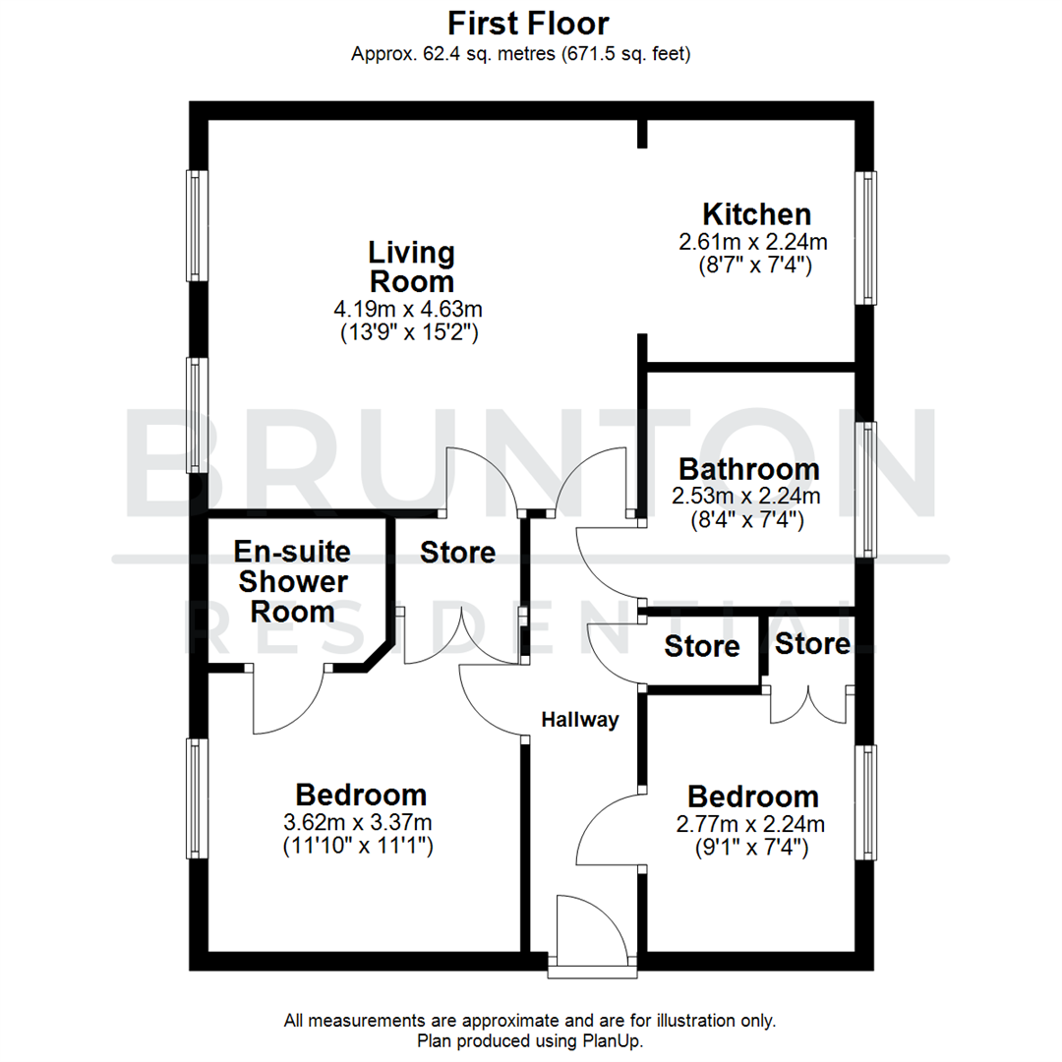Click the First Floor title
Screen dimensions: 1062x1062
click(x=530, y=23)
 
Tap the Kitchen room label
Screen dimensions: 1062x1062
click(x=755, y=213)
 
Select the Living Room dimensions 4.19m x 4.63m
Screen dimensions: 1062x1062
click(x=411, y=310)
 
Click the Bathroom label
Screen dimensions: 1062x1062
click(x=748, y=468)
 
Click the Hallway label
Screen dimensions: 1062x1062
click(x=580, y=720)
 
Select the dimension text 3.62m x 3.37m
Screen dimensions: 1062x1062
click(x=361, y=822)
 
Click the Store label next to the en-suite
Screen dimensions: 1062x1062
click(x=457, y=553)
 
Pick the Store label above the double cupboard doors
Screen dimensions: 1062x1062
click(x=811, y=644)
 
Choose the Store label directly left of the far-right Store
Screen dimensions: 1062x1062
click(x=701, y=646)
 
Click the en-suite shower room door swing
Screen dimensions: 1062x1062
click(x=287, y=701)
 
